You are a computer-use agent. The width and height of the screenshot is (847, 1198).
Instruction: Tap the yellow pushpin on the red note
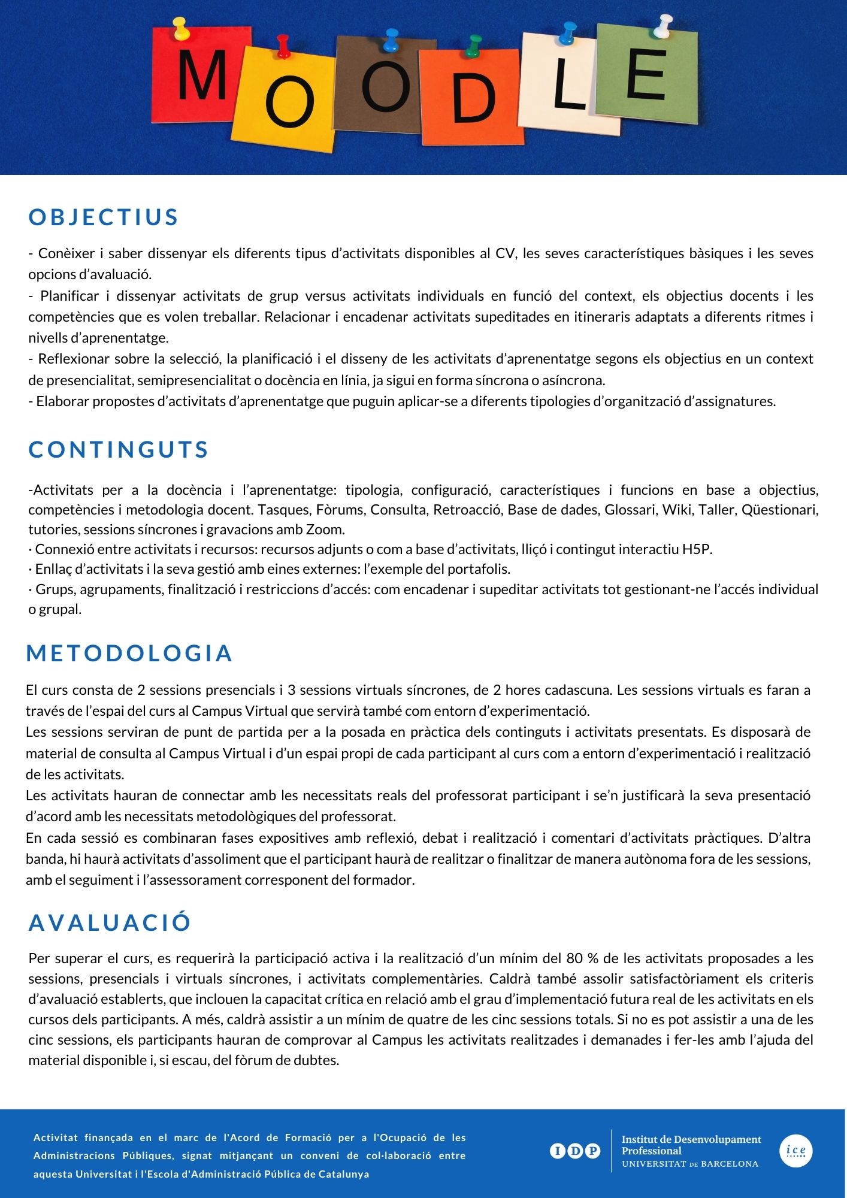(180, 28)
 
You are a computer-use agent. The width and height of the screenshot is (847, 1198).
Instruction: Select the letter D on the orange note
(473, 99)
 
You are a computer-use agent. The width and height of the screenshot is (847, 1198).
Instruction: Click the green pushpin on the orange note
(474, 45)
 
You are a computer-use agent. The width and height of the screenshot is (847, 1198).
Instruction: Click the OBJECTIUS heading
(104, 217)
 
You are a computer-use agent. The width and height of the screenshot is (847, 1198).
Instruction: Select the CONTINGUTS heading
(119, 449)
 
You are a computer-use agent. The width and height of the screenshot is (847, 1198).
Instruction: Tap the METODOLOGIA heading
(129, 653)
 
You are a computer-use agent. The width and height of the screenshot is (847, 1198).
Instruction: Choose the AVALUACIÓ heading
(110, 922)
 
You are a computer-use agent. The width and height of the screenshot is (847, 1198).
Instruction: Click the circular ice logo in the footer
(795, 1151)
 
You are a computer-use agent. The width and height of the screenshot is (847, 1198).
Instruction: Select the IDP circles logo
(574, 1151)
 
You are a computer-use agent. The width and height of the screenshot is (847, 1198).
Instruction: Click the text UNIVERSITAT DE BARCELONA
(690, 1164)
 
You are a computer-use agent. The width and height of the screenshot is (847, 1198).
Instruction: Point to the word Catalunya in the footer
(343, 1174)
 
